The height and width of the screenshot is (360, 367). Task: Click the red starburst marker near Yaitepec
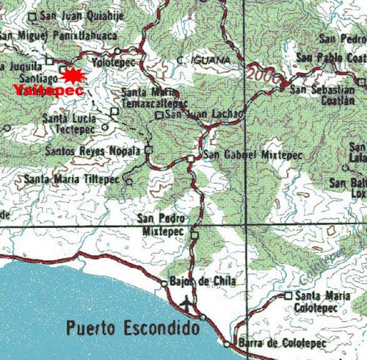click(71, 75)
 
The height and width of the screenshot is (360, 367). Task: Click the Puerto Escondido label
click(133, 328)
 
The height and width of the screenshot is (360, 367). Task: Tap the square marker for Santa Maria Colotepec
click(288, 296)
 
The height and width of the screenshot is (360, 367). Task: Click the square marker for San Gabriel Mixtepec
click(190, 158)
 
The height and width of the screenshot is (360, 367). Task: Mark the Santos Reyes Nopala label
click(92, 151)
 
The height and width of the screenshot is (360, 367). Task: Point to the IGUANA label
click(209, 59)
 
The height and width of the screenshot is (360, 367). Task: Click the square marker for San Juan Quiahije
click(31, 15)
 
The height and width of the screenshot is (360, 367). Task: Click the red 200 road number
click(260, 74)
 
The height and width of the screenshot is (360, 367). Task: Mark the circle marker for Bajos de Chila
click(164, 282)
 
